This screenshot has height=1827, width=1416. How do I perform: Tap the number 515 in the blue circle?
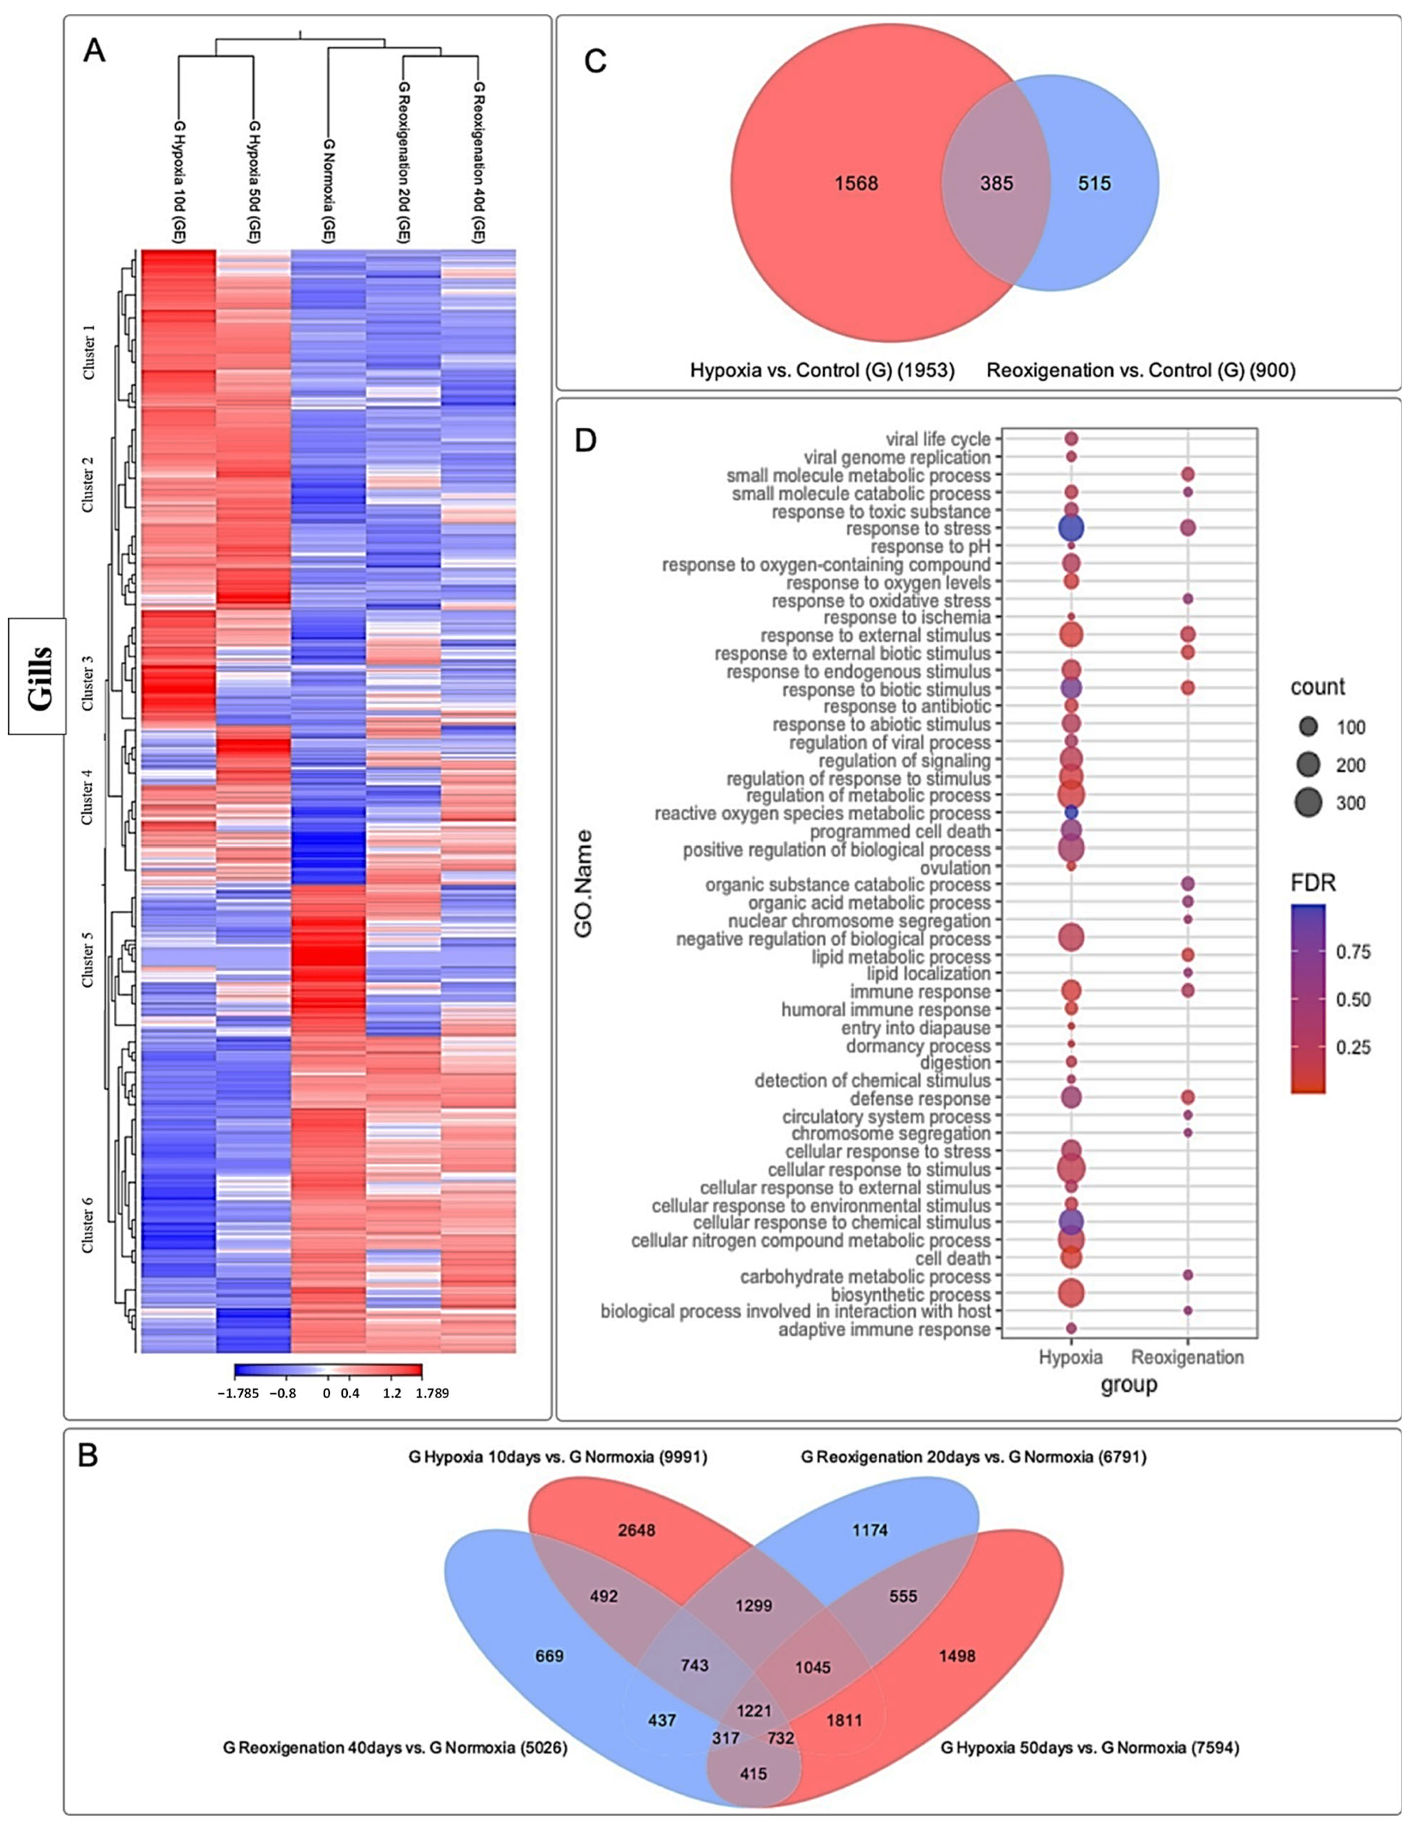tap(1094, 183)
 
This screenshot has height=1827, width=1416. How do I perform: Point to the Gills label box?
tap(38, 676)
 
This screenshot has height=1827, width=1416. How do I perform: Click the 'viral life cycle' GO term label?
tap(938, 439)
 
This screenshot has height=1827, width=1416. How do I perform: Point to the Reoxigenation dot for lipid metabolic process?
tap(1187, 955)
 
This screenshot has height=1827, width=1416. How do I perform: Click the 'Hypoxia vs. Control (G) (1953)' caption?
tap(822, 370)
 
